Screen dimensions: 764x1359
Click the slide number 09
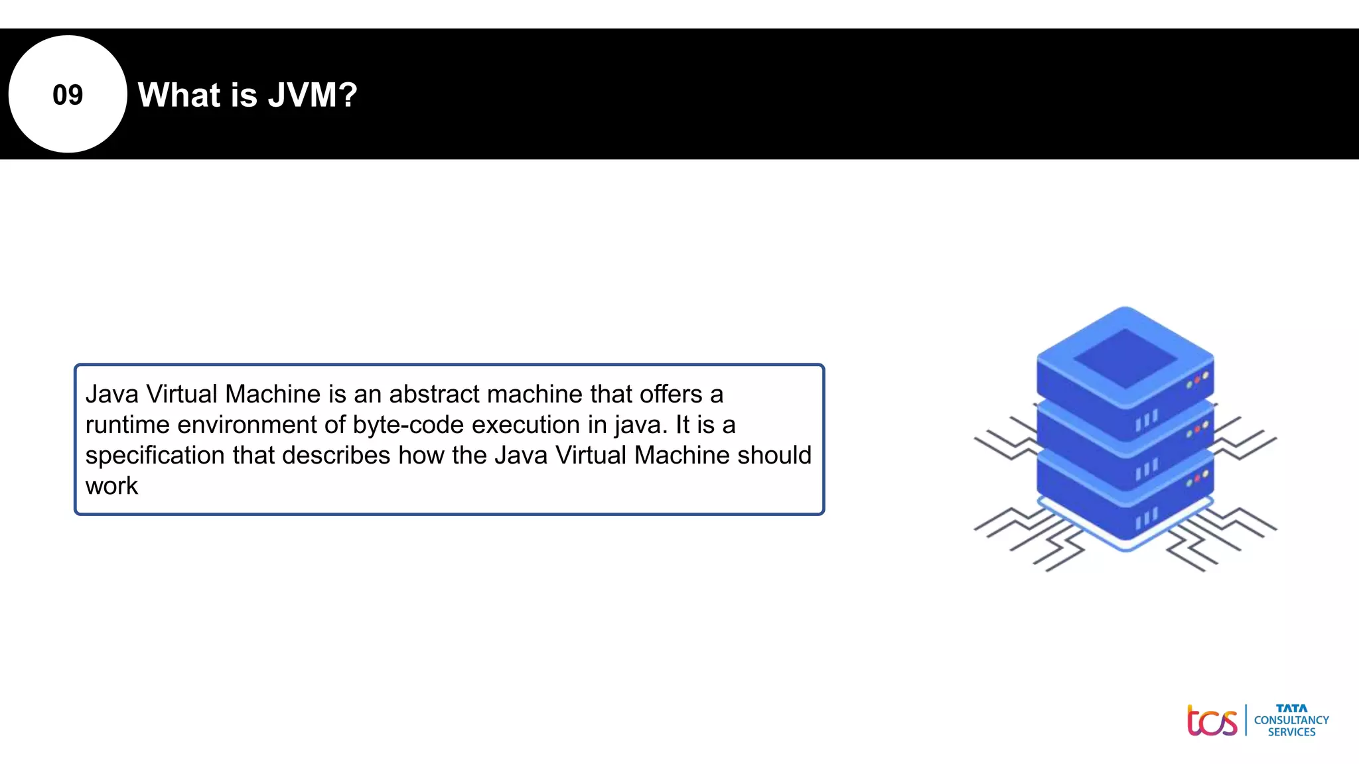pyautogui.click(x=68, y=95)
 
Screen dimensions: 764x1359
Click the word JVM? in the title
pyautogui.click(x=313, y=95)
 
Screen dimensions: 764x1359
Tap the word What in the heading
pyautogui.click(x=179, y=95)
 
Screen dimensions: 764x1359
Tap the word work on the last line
pyautogui.click(x=111, y=486)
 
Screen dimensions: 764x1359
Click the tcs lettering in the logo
pyautogui.click(x=1212, y=721)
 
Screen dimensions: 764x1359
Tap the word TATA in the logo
pyautogui.click(x=1291, y=708)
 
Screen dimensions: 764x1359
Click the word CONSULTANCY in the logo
pyautogui.click(x=1291, y=720)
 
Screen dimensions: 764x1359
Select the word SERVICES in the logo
pyautogui.click(x=1291, y=732)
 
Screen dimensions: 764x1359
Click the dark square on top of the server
pyautogui.click(x=1125, y=358)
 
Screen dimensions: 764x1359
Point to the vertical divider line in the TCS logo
pyautogui.click(x=1246, y=720)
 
